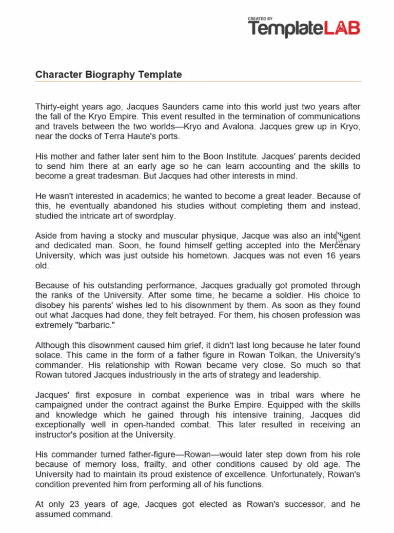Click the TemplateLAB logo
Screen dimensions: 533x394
click(304, 29)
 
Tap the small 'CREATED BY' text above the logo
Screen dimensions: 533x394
click(260, 19)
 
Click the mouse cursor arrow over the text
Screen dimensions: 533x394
click(339, 239)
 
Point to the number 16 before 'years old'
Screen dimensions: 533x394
click(332, 255)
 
